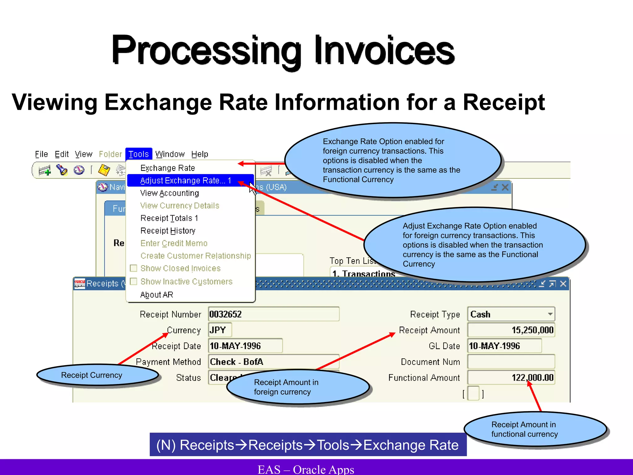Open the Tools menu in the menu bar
(x=138, y=154)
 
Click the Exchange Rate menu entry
(x=168, y=168)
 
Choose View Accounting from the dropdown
(x=169, y=193)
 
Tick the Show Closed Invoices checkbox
(x=134, y=268)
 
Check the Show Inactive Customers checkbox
(x=134, y=281)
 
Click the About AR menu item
(x=157, y=295)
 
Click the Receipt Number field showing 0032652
(x=274, y=314)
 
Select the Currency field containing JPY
(x=220, y=330)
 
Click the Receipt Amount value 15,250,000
(x=511, y=330)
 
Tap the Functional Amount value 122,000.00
(x=511, y=378)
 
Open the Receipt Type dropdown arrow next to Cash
(x=550, y=314)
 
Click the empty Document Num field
(x=511, y=362)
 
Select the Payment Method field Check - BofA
(x=274, y=362)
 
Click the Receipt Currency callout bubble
(x=92, y=375)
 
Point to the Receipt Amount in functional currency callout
(x=525, y=429)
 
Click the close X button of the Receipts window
(x=563, y=284)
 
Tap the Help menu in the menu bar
(x=200, y=154)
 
